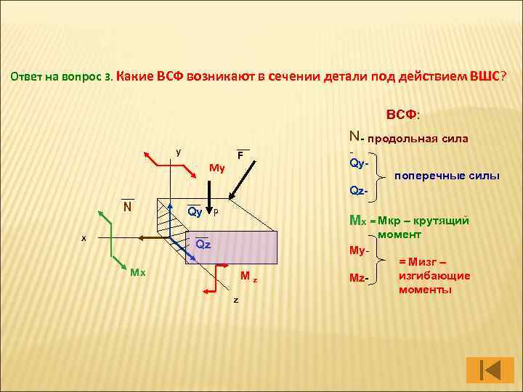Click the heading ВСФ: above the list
coord(408,115)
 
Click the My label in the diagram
coord(216,168)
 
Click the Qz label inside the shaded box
coord(203,245)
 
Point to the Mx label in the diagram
coord(138,272)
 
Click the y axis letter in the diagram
coord(179,152)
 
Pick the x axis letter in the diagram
coord(84,237)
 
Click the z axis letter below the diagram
coord(235,299)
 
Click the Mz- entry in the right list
coord(360,278)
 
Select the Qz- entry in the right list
coord(360,191)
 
